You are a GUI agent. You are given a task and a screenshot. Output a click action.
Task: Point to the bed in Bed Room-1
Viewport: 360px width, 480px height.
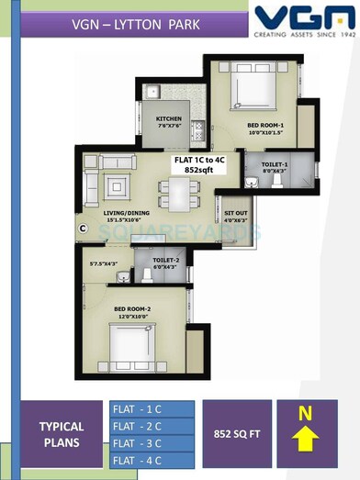point(240,90)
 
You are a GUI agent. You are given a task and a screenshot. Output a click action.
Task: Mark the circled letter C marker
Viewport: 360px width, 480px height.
point(82,227)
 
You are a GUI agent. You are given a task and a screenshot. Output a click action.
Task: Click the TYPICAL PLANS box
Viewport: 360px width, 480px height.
point(61,434)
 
